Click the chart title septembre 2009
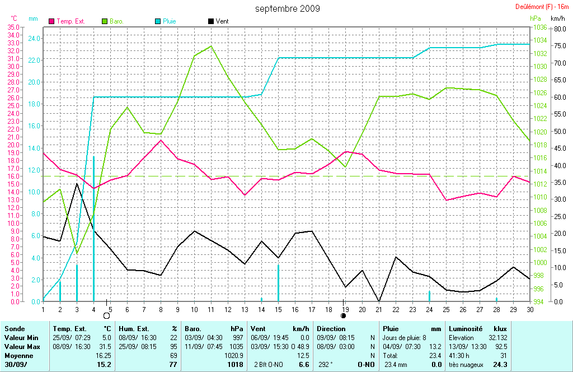point(288,8)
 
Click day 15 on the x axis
point(278,309)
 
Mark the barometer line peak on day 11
point(211,46)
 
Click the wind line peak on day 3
point(77,183)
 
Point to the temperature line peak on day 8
point(161,140)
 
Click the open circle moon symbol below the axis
point(106,316)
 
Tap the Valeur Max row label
point(21,347)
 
